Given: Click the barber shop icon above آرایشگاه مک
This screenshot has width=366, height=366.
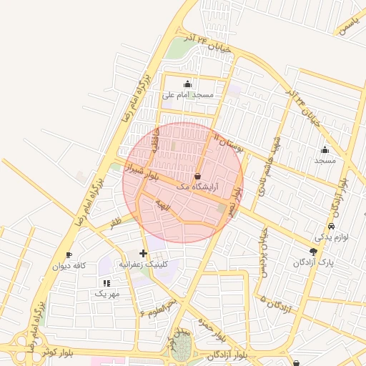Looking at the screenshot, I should click(x=198, y=176).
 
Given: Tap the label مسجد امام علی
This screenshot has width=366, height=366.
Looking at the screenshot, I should click(x=189, y=94).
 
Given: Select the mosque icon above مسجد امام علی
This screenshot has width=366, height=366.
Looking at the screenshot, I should click(x=188, y=84).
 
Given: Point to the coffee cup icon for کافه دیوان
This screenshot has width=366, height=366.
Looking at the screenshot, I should click(x=69, y=255).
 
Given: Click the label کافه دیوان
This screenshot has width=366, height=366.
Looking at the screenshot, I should click(x=69, y=266).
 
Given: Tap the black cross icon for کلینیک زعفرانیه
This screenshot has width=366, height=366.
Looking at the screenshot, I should click(x=144, y=253).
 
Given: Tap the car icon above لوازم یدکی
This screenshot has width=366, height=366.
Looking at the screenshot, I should click(x=331, y=227).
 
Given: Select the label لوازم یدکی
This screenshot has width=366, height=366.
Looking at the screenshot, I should click(x=331, y=237).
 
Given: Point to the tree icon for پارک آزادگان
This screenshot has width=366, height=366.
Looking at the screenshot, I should click(x=313, y=251).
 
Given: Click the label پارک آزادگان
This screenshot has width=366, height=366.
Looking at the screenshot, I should click(x=312, y=262).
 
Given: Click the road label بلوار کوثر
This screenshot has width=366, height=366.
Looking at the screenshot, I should click(x=58, y=352).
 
